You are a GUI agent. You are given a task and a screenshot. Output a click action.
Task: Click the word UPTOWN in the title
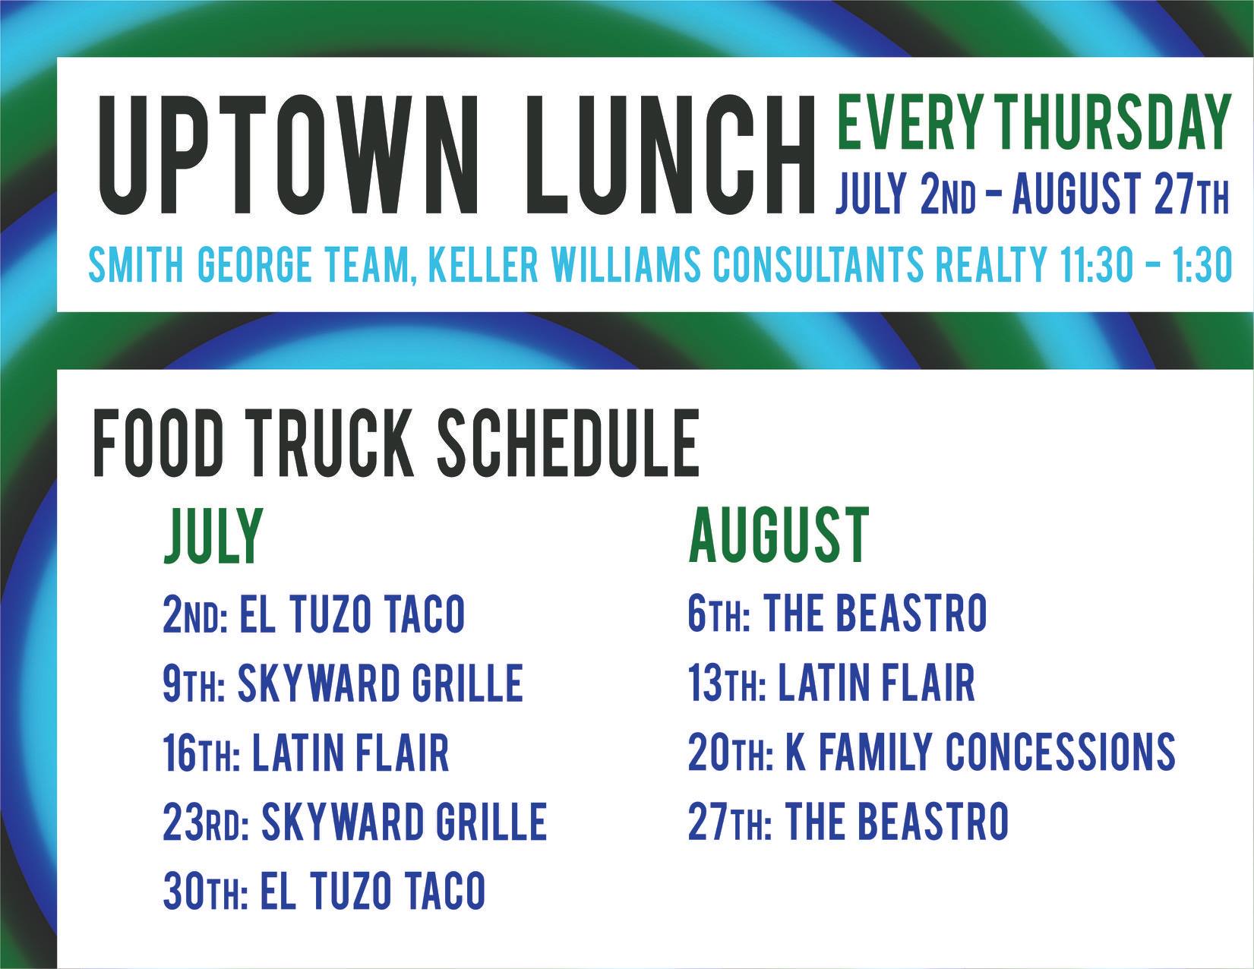(289, 155)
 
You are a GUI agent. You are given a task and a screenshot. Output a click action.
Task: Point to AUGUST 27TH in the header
(1120, 194)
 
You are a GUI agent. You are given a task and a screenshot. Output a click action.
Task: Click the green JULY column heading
(213, 535)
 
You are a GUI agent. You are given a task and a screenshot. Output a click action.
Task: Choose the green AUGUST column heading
(779, 535)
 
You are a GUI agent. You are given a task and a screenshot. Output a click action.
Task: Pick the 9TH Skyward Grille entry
(343, 683)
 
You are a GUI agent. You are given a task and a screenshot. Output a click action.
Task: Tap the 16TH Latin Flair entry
(306, 752)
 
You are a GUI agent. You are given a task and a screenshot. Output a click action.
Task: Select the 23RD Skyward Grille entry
(355, 821)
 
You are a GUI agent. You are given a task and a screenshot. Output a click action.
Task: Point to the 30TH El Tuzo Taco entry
(324, 890)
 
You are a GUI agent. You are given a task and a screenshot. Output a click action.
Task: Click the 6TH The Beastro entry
(837, 614)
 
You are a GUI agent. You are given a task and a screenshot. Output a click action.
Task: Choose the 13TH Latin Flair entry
(832, 683)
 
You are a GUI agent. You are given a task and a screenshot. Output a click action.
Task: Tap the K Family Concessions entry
(931, 752)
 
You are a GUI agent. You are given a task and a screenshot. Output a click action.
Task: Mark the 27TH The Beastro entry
(848, 821)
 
